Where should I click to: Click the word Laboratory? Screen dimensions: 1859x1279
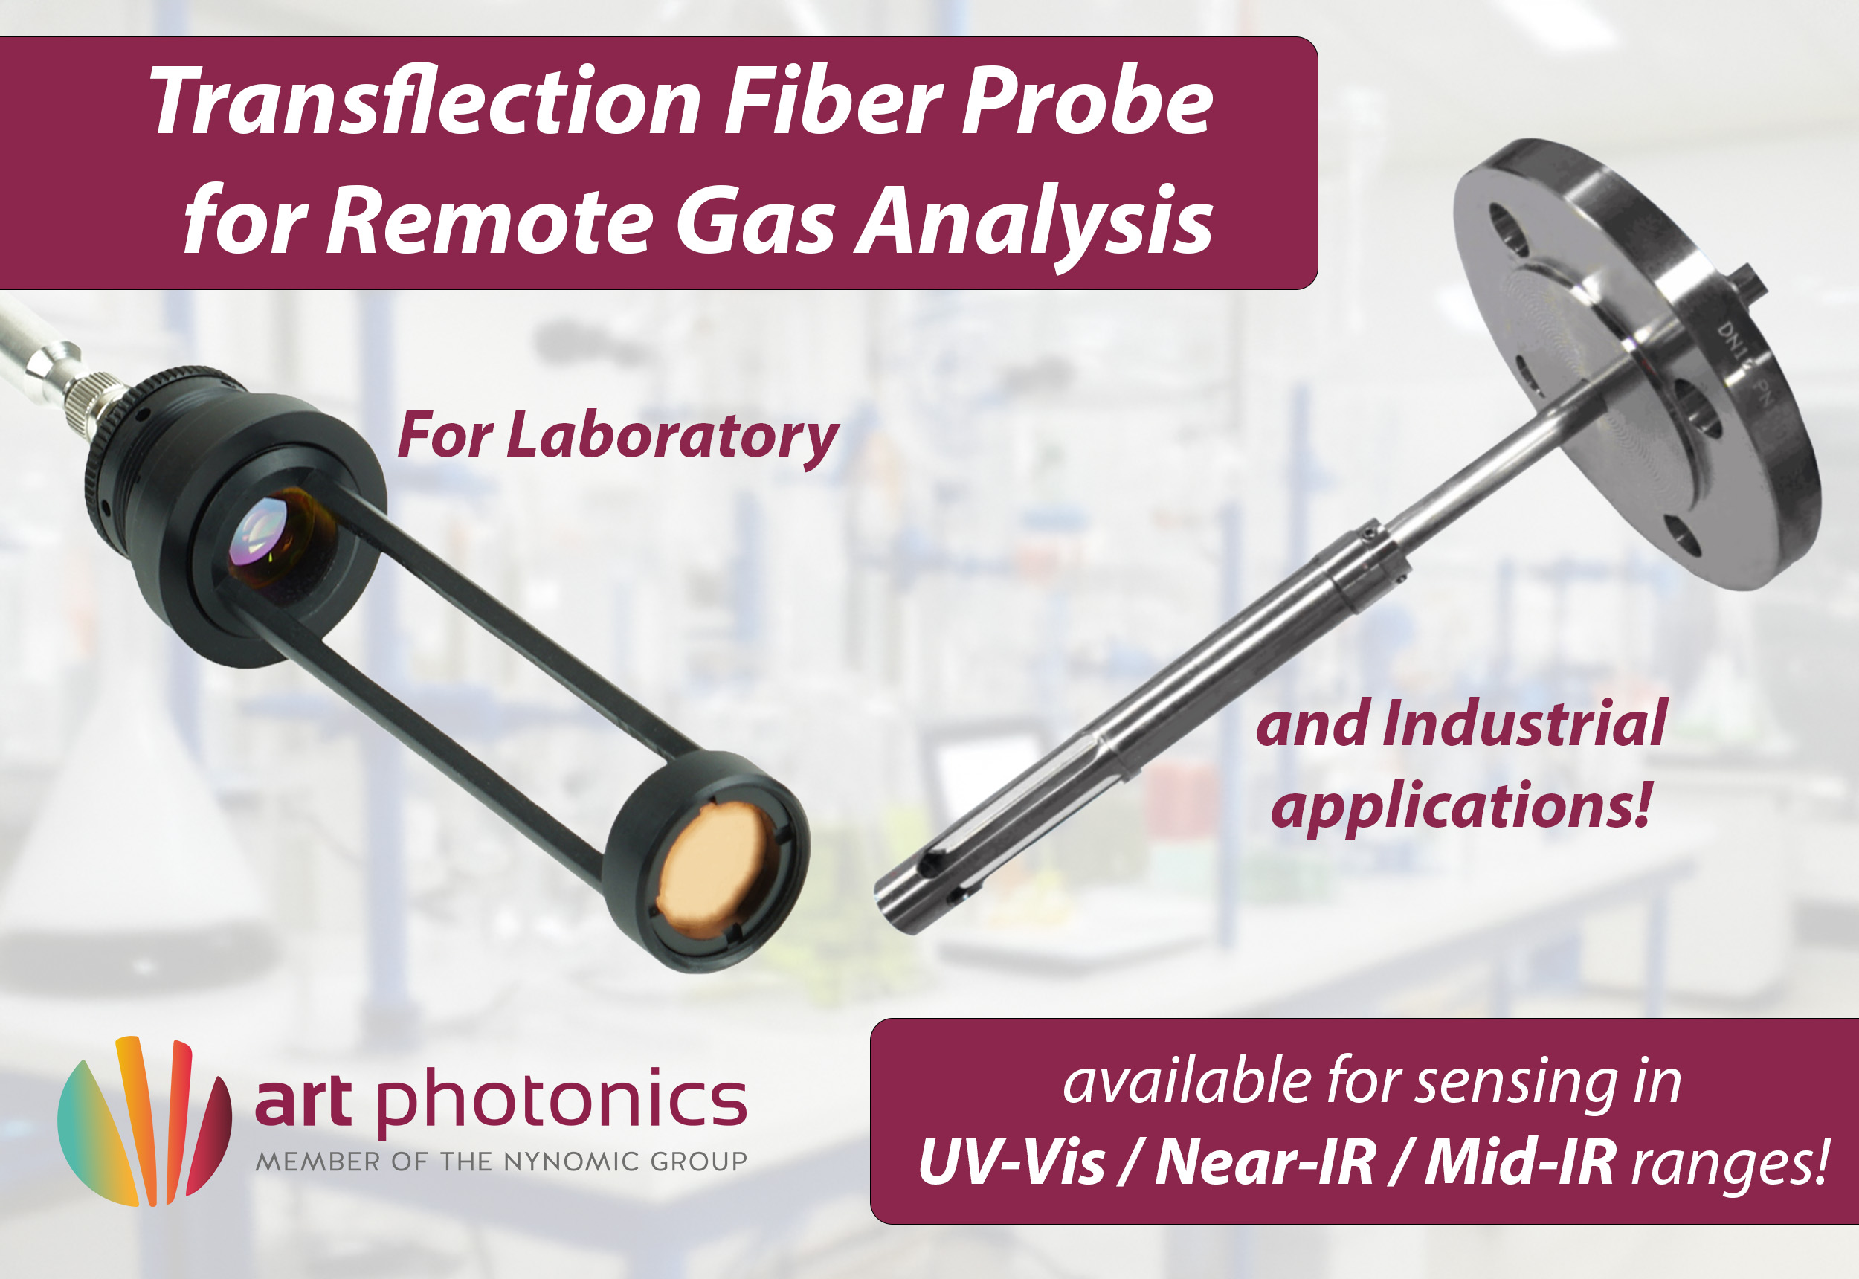pos(671,436)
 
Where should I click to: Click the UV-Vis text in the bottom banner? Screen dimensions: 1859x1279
pos(1012,1162)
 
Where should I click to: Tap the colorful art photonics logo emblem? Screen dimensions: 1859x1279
pos(144,1121)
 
